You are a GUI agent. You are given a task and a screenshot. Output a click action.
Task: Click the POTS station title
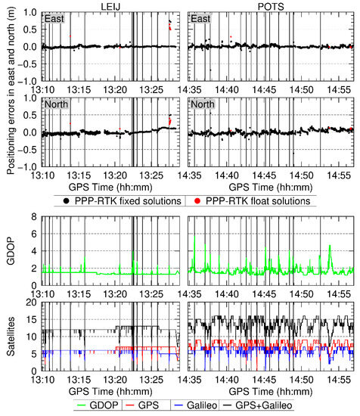coord(270,5)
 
